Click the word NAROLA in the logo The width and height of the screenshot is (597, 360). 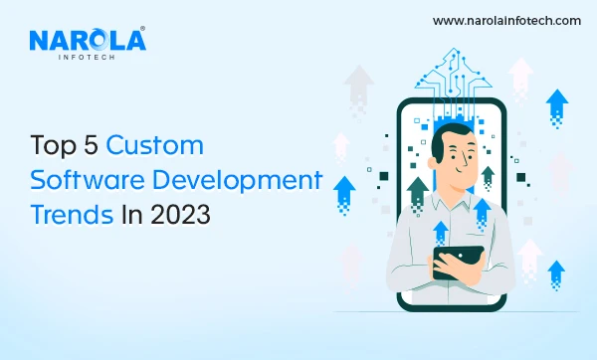coord(88,41)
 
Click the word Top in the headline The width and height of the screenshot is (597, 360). coord(56,145)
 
